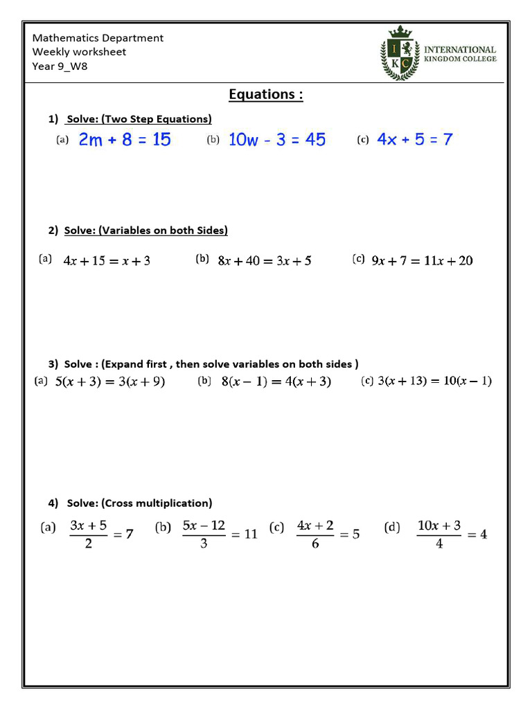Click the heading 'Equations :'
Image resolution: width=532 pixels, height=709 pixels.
pos(266,94)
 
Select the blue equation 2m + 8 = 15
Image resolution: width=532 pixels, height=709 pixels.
pos(125,140)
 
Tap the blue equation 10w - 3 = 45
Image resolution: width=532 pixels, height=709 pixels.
pos(276,140)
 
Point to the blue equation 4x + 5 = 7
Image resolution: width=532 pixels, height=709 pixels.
pos(414,140)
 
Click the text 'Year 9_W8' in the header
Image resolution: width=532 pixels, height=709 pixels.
pos(60,66)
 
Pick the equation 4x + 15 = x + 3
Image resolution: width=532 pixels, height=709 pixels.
pos(107,261)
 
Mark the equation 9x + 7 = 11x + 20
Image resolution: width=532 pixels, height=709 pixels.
pos(422,261)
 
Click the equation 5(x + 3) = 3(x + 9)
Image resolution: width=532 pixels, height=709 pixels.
pos(109,382)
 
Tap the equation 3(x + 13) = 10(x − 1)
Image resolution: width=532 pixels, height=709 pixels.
pos(434,382)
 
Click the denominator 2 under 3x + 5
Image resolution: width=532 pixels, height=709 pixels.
pos(88,544)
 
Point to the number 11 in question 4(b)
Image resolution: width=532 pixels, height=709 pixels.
pos(250,535)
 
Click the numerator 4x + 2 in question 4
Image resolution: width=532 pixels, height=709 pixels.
pos(315,526)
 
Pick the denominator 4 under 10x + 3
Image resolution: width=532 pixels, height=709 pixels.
pos(439,544)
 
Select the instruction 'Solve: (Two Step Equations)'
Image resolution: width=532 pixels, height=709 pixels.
pos(139,119)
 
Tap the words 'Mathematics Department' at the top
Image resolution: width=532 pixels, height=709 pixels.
pos(98,38)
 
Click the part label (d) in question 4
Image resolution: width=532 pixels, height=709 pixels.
pos(392,528)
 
